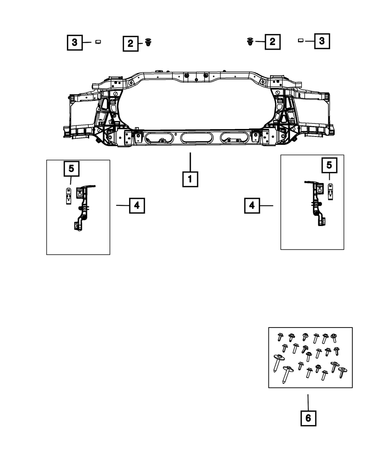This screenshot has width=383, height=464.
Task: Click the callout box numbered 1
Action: [x=190, y=179]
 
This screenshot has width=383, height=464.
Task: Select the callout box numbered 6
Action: [x=308, y=418]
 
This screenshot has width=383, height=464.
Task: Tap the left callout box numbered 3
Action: [x=75, y=42]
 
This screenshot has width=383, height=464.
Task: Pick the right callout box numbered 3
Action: [x=322, y=41]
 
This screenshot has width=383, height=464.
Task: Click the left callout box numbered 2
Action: [x=131, y=44]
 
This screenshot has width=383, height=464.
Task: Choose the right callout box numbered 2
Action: [x=273, y=42]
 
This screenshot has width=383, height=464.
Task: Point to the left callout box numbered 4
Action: [x=137, y=206]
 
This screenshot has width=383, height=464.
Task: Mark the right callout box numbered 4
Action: [x=252, y=206]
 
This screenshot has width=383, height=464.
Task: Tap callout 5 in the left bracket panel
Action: [x=71, y=169]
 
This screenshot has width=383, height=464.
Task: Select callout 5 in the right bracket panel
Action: [x=329, y=165]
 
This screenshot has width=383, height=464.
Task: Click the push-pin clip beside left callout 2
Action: [x=148, y=42]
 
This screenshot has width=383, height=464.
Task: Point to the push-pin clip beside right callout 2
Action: [x=250, y=42]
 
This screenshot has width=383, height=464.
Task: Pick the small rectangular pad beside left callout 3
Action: [x=98, y=42]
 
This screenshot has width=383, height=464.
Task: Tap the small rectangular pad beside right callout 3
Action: [x=301, y=41]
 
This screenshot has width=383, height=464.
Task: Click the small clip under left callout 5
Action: [x=69, y=196]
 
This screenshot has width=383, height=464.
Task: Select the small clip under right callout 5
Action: [x=330, y=192]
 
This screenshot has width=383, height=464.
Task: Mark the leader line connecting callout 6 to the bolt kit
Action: [x=308, y=402]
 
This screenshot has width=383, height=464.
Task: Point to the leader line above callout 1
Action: [x=190, y=162]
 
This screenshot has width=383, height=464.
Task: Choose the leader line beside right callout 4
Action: [x=266, y=206]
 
